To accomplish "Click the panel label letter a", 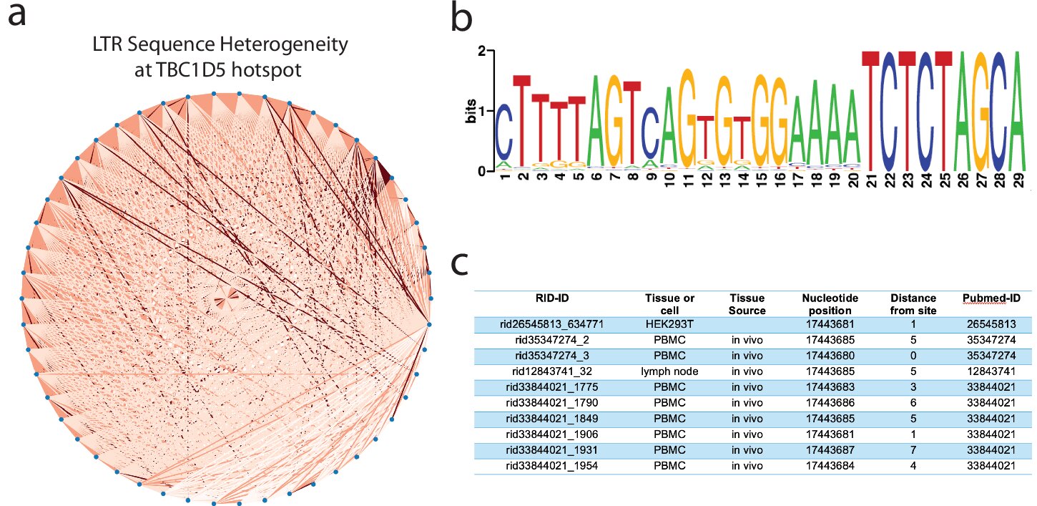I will point(17,16).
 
